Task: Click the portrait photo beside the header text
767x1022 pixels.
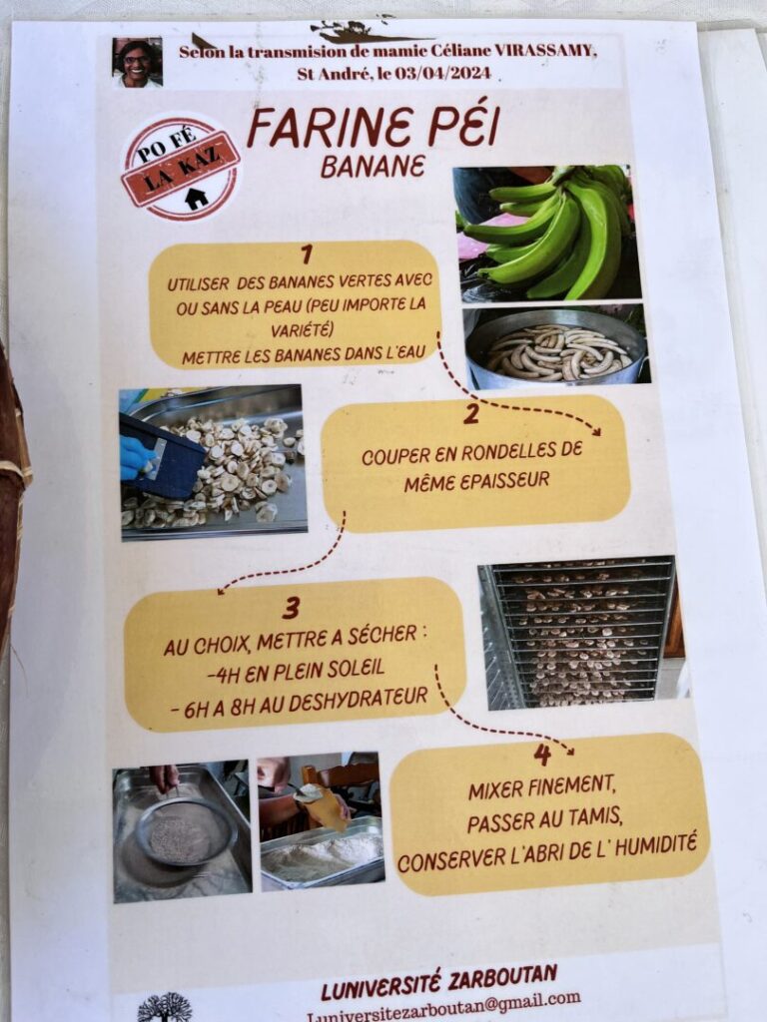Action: click(137, 62)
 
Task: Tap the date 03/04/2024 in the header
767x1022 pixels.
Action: click(442, 72)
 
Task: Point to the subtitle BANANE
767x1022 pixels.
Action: click(373, 167)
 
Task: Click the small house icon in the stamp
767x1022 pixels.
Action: click(196, 198)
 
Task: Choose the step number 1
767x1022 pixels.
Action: click(306, 255)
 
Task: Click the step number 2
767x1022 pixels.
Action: click(471, 413)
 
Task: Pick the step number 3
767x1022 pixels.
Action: click(291, 608)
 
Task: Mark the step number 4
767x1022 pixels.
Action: click(542, 755)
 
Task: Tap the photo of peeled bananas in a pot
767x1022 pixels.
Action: click(556, 345)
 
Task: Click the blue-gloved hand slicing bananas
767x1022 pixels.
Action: click(138, 457)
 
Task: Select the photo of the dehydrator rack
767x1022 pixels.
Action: click(582, 632)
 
